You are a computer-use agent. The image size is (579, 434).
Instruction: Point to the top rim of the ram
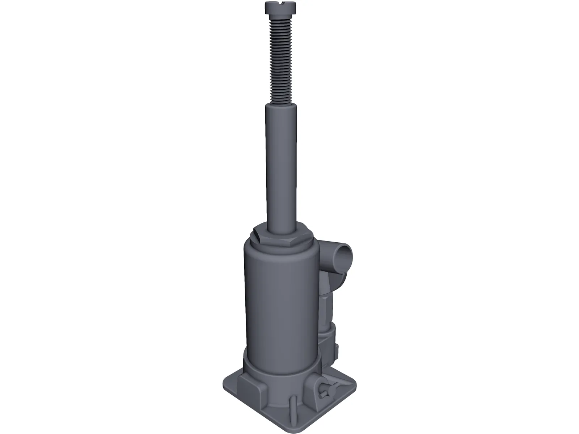pos(281,106)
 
